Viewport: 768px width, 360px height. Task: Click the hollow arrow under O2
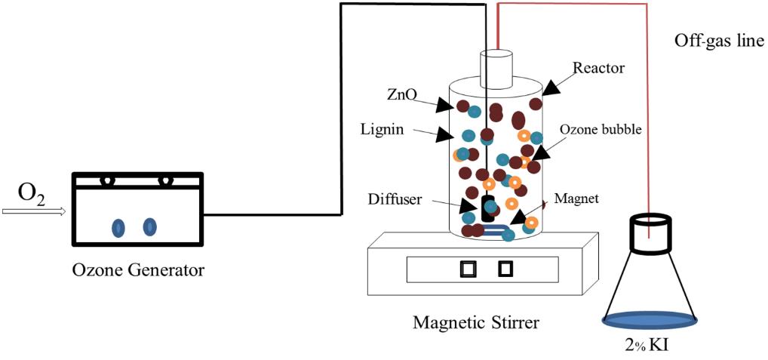click(34, 212)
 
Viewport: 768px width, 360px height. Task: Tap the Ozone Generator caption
click(137, 269)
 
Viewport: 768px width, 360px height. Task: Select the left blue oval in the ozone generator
click(118, 226)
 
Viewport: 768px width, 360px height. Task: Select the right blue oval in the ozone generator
click(149, 226)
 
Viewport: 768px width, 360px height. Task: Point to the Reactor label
click(598, 68)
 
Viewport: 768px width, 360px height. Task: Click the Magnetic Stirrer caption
click(475, 323)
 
